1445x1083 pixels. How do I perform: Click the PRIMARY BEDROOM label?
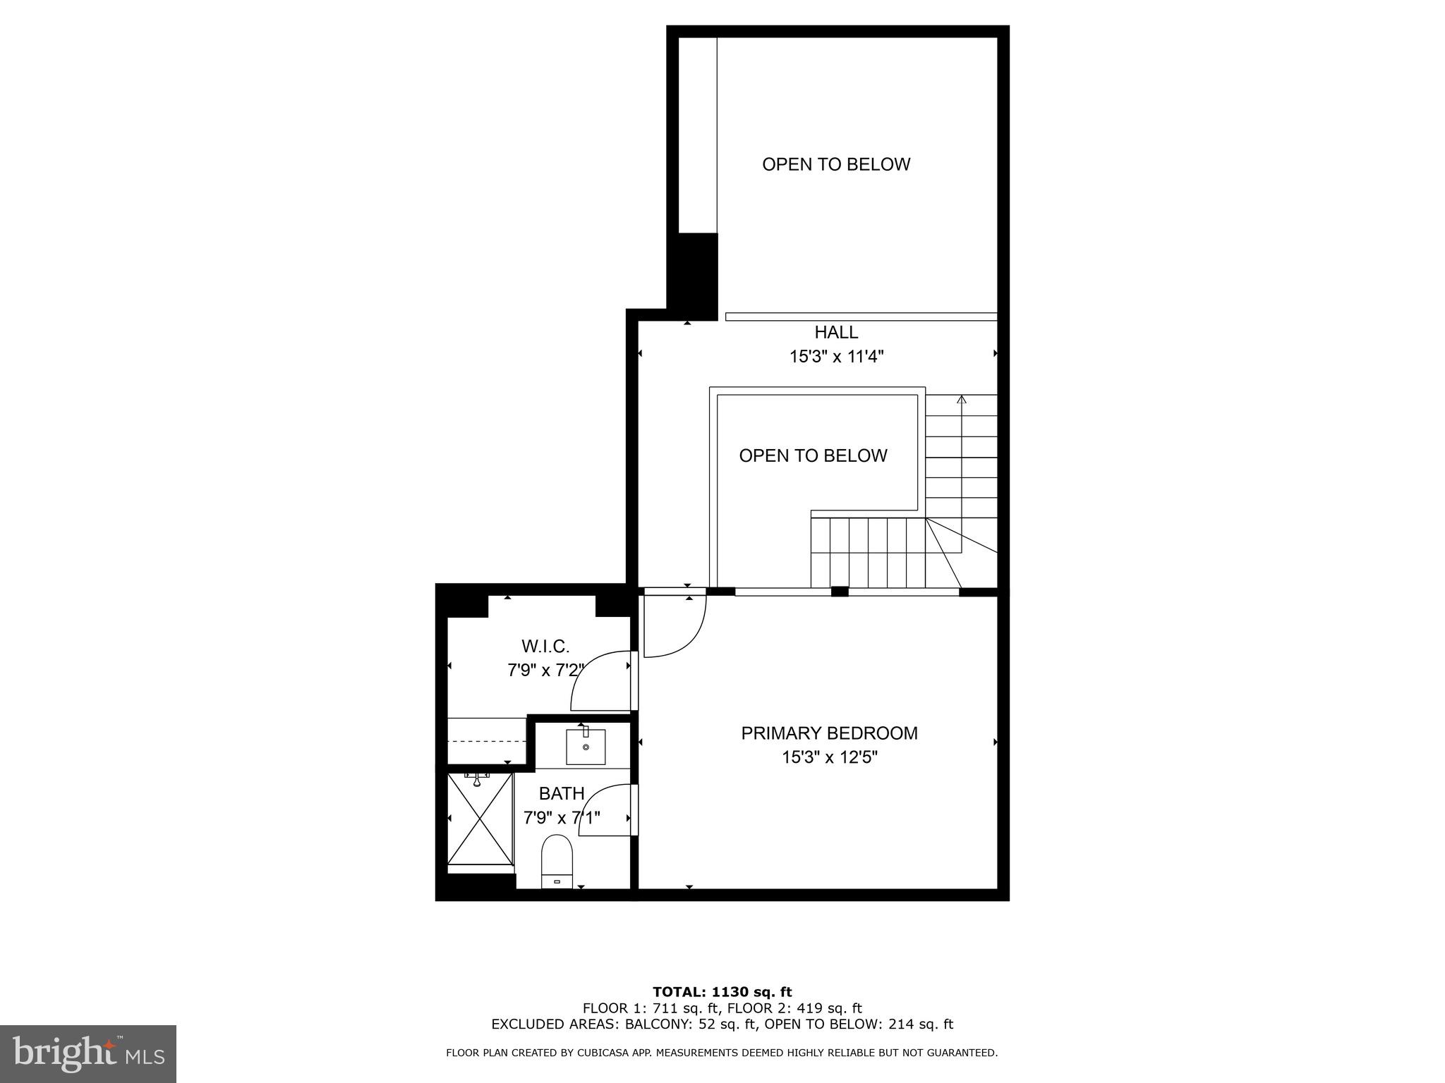click(x=829, y=733)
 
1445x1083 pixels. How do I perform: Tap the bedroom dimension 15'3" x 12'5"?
click(x=829, y=758)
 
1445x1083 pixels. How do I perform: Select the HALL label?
click(x=836, y=332)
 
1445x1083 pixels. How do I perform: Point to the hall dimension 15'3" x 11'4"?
click(x=836, y=357)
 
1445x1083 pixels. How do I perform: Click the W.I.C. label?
click(x=545, y=646)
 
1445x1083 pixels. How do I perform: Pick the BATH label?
click(x=562, y=794)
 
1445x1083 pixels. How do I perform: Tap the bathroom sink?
click(x=586, y=747)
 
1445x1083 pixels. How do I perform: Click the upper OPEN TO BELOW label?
click(x=836, y=164)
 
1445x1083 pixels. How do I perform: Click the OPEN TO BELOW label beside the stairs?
click(x=813, y=455)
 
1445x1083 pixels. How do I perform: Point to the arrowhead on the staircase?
click(x=961, y=400)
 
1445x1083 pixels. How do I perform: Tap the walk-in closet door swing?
click(x=600, y=680)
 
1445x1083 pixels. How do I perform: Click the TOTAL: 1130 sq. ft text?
click(x=722, y=992)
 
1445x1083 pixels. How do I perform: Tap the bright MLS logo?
click(x=87, y=1053)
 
